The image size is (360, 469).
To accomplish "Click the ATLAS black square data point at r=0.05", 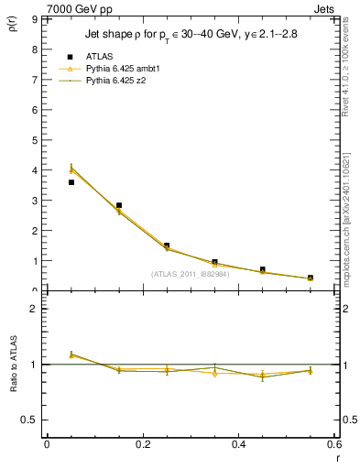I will (71, 182).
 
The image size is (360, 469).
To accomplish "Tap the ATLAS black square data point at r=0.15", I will (119, 205).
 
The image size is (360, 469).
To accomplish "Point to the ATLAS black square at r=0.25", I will (167, 245).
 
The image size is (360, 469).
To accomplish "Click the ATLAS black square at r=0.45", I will (262, 270).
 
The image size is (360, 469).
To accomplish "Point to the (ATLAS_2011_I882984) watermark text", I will (190, 274).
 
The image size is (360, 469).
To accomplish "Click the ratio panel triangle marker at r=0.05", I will (71, 354).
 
